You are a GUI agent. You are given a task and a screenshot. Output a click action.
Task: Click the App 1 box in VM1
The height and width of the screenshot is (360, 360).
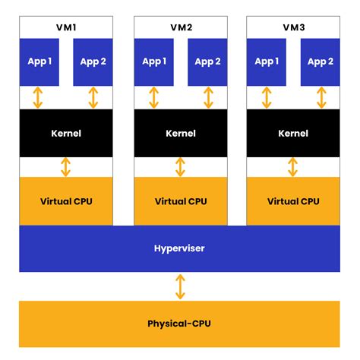click(39, 62)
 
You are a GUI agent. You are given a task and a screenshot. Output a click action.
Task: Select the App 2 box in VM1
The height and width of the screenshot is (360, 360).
click(93, 62)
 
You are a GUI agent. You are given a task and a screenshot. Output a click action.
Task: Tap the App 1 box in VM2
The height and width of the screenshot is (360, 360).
click(153, 62)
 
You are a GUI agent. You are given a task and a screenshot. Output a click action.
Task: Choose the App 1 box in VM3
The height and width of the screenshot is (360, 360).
click(267, 62)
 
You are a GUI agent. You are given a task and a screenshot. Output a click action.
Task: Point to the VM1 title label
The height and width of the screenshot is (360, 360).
click(66, 27)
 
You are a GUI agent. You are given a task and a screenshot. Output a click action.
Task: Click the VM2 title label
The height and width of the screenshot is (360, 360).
click(180, 27)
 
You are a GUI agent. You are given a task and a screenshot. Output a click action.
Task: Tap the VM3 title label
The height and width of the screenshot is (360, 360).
click(293, 27)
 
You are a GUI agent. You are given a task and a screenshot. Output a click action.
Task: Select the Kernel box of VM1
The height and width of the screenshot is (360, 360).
click(66, 134)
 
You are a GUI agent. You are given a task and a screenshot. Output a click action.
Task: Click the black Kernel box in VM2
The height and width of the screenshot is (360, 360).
click(180, 134)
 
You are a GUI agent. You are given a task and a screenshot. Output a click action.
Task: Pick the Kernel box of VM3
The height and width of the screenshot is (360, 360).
click(293, 134)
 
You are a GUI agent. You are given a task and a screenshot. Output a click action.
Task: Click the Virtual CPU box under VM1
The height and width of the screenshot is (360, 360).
click(66, 201)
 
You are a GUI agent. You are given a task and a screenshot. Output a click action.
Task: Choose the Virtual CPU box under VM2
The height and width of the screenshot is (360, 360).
click(180, 201)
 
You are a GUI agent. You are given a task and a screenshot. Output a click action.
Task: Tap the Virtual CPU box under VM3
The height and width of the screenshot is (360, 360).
click(293, 201)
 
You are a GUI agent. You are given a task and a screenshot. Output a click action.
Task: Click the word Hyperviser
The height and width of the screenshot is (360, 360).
click(179, 248)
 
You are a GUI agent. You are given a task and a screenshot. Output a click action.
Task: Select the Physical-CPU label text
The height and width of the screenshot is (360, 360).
click(179, 324)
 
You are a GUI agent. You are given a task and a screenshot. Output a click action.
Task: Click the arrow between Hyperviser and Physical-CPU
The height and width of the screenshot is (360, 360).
click(180, 286)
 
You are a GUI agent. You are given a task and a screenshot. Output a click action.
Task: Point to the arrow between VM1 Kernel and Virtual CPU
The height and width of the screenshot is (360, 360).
click(66, 167)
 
